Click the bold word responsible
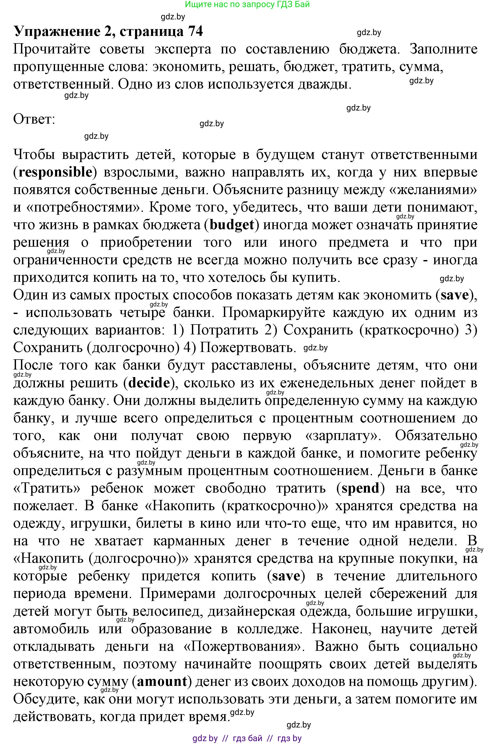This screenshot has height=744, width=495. (56, 172)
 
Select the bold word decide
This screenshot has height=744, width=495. (149, 383)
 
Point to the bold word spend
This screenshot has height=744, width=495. (360, 488)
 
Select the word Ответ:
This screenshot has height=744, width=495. (34, 119)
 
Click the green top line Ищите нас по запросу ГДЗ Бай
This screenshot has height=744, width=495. (247, 4)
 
